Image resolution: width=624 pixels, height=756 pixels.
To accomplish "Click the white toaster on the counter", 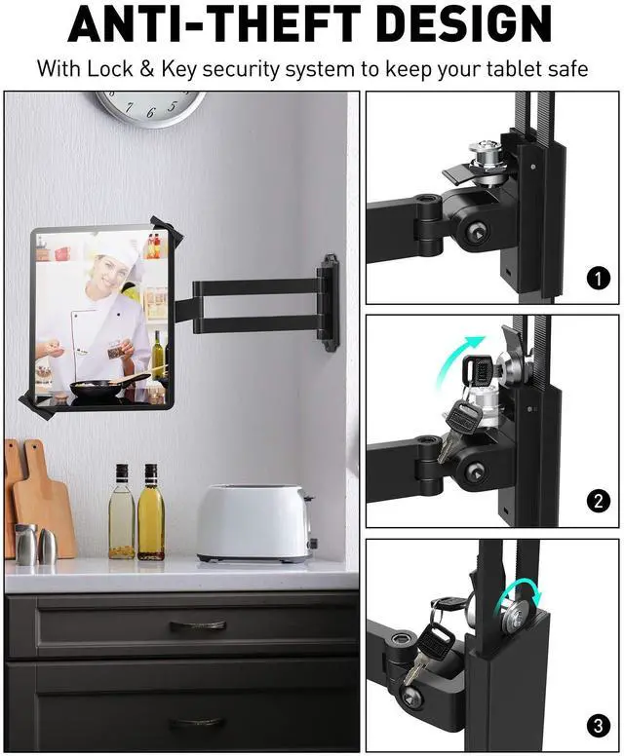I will click(254, 523).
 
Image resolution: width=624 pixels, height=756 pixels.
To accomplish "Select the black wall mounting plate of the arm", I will click(330, 302).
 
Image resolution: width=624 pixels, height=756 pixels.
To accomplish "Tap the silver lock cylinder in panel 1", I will click(484, 155).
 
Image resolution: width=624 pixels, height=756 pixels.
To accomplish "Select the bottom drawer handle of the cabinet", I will click(197, 722).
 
